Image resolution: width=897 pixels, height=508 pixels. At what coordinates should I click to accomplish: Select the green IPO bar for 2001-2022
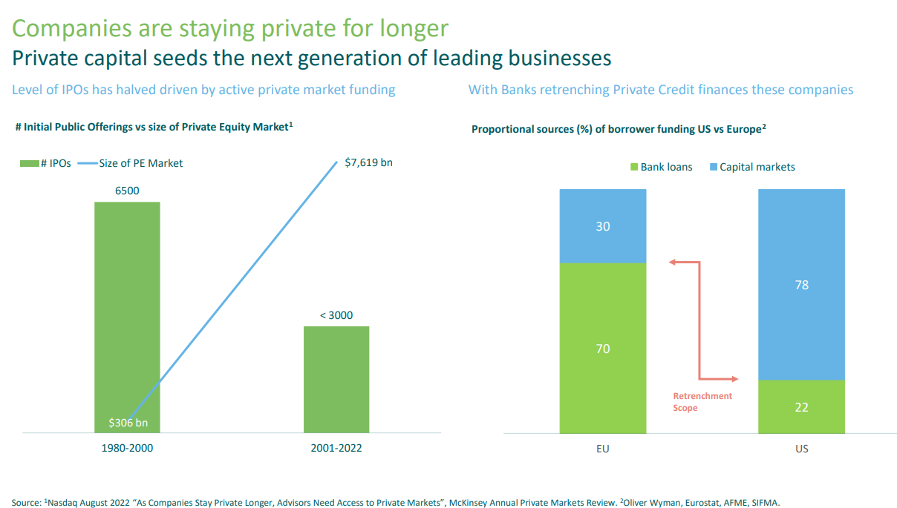[x=336, y=378]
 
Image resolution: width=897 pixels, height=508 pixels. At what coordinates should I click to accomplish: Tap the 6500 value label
[x=127, y=191]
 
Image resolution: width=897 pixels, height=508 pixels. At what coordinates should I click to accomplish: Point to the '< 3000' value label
[x=336, y=315]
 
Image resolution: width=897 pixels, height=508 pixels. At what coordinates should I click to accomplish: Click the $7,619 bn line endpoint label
[x=368, y=162]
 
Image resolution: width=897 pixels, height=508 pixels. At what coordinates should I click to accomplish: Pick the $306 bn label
[x=128, y=423]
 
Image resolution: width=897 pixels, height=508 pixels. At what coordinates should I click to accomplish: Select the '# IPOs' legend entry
[x=46, y=163]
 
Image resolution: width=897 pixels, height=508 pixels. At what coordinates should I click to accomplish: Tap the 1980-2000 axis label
[x=127, y=449]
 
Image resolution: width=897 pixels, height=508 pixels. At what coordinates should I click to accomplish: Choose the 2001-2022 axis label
[x=336, y=449]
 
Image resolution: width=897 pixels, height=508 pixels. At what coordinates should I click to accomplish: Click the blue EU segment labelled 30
[x=603, y=226]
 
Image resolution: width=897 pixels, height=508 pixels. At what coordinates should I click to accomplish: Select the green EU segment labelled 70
[x=603, y=348]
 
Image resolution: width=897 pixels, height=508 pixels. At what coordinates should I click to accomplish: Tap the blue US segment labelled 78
[x=801, y=285]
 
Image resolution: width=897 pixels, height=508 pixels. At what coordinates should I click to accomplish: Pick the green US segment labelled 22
[x=801, y=407]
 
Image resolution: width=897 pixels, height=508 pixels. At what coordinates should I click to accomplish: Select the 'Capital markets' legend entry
[x=751, y=167]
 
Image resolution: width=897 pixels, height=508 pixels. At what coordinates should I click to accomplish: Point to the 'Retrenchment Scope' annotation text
[x=702, y=402]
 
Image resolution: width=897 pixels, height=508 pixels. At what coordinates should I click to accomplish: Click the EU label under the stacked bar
[x=603, y=449]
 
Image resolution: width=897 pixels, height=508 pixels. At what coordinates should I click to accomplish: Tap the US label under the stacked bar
[x=801, y=449]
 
